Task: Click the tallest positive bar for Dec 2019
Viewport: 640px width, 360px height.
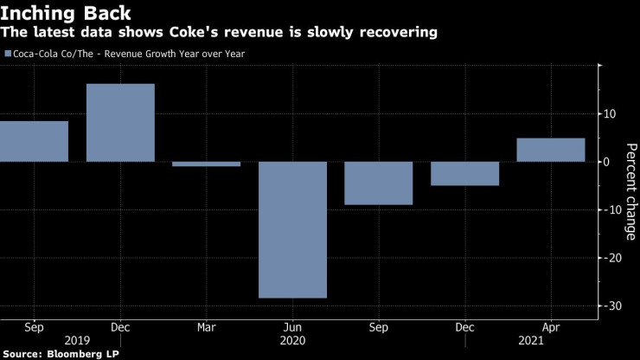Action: pyautogui.click(x=120, y=123)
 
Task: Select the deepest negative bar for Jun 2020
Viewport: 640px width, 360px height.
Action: pyautogui.click(x=292, y=229)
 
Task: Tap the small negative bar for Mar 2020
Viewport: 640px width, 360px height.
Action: pyautogui.click(x=206, y=164)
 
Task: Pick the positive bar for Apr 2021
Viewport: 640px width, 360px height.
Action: pyautogui.click(x=550, y=150)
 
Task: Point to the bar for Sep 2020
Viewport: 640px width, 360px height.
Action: pyautogui.click(x=378, y=183)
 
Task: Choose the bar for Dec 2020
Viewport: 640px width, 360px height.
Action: pyautogui.click(x=464, y=173)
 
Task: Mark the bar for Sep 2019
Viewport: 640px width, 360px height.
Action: pyautogui.click(x=34, y=141)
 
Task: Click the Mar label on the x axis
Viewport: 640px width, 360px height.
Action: pyautogui.click(x=206, y=328)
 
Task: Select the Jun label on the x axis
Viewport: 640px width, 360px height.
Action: pyautogui.click(x=292, y=328)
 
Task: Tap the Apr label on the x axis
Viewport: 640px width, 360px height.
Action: pyautogui.click(x=550, y=328)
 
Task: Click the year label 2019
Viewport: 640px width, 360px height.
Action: pyautogui.click(x=77, y=341)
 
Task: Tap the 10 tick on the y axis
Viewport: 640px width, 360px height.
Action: pyautogui.click(x=610, y=114)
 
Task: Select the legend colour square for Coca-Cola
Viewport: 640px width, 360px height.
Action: pyautogui.click(x=8, y=54)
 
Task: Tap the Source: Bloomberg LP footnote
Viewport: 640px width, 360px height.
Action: pyautogui.click(x=60, y=354)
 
